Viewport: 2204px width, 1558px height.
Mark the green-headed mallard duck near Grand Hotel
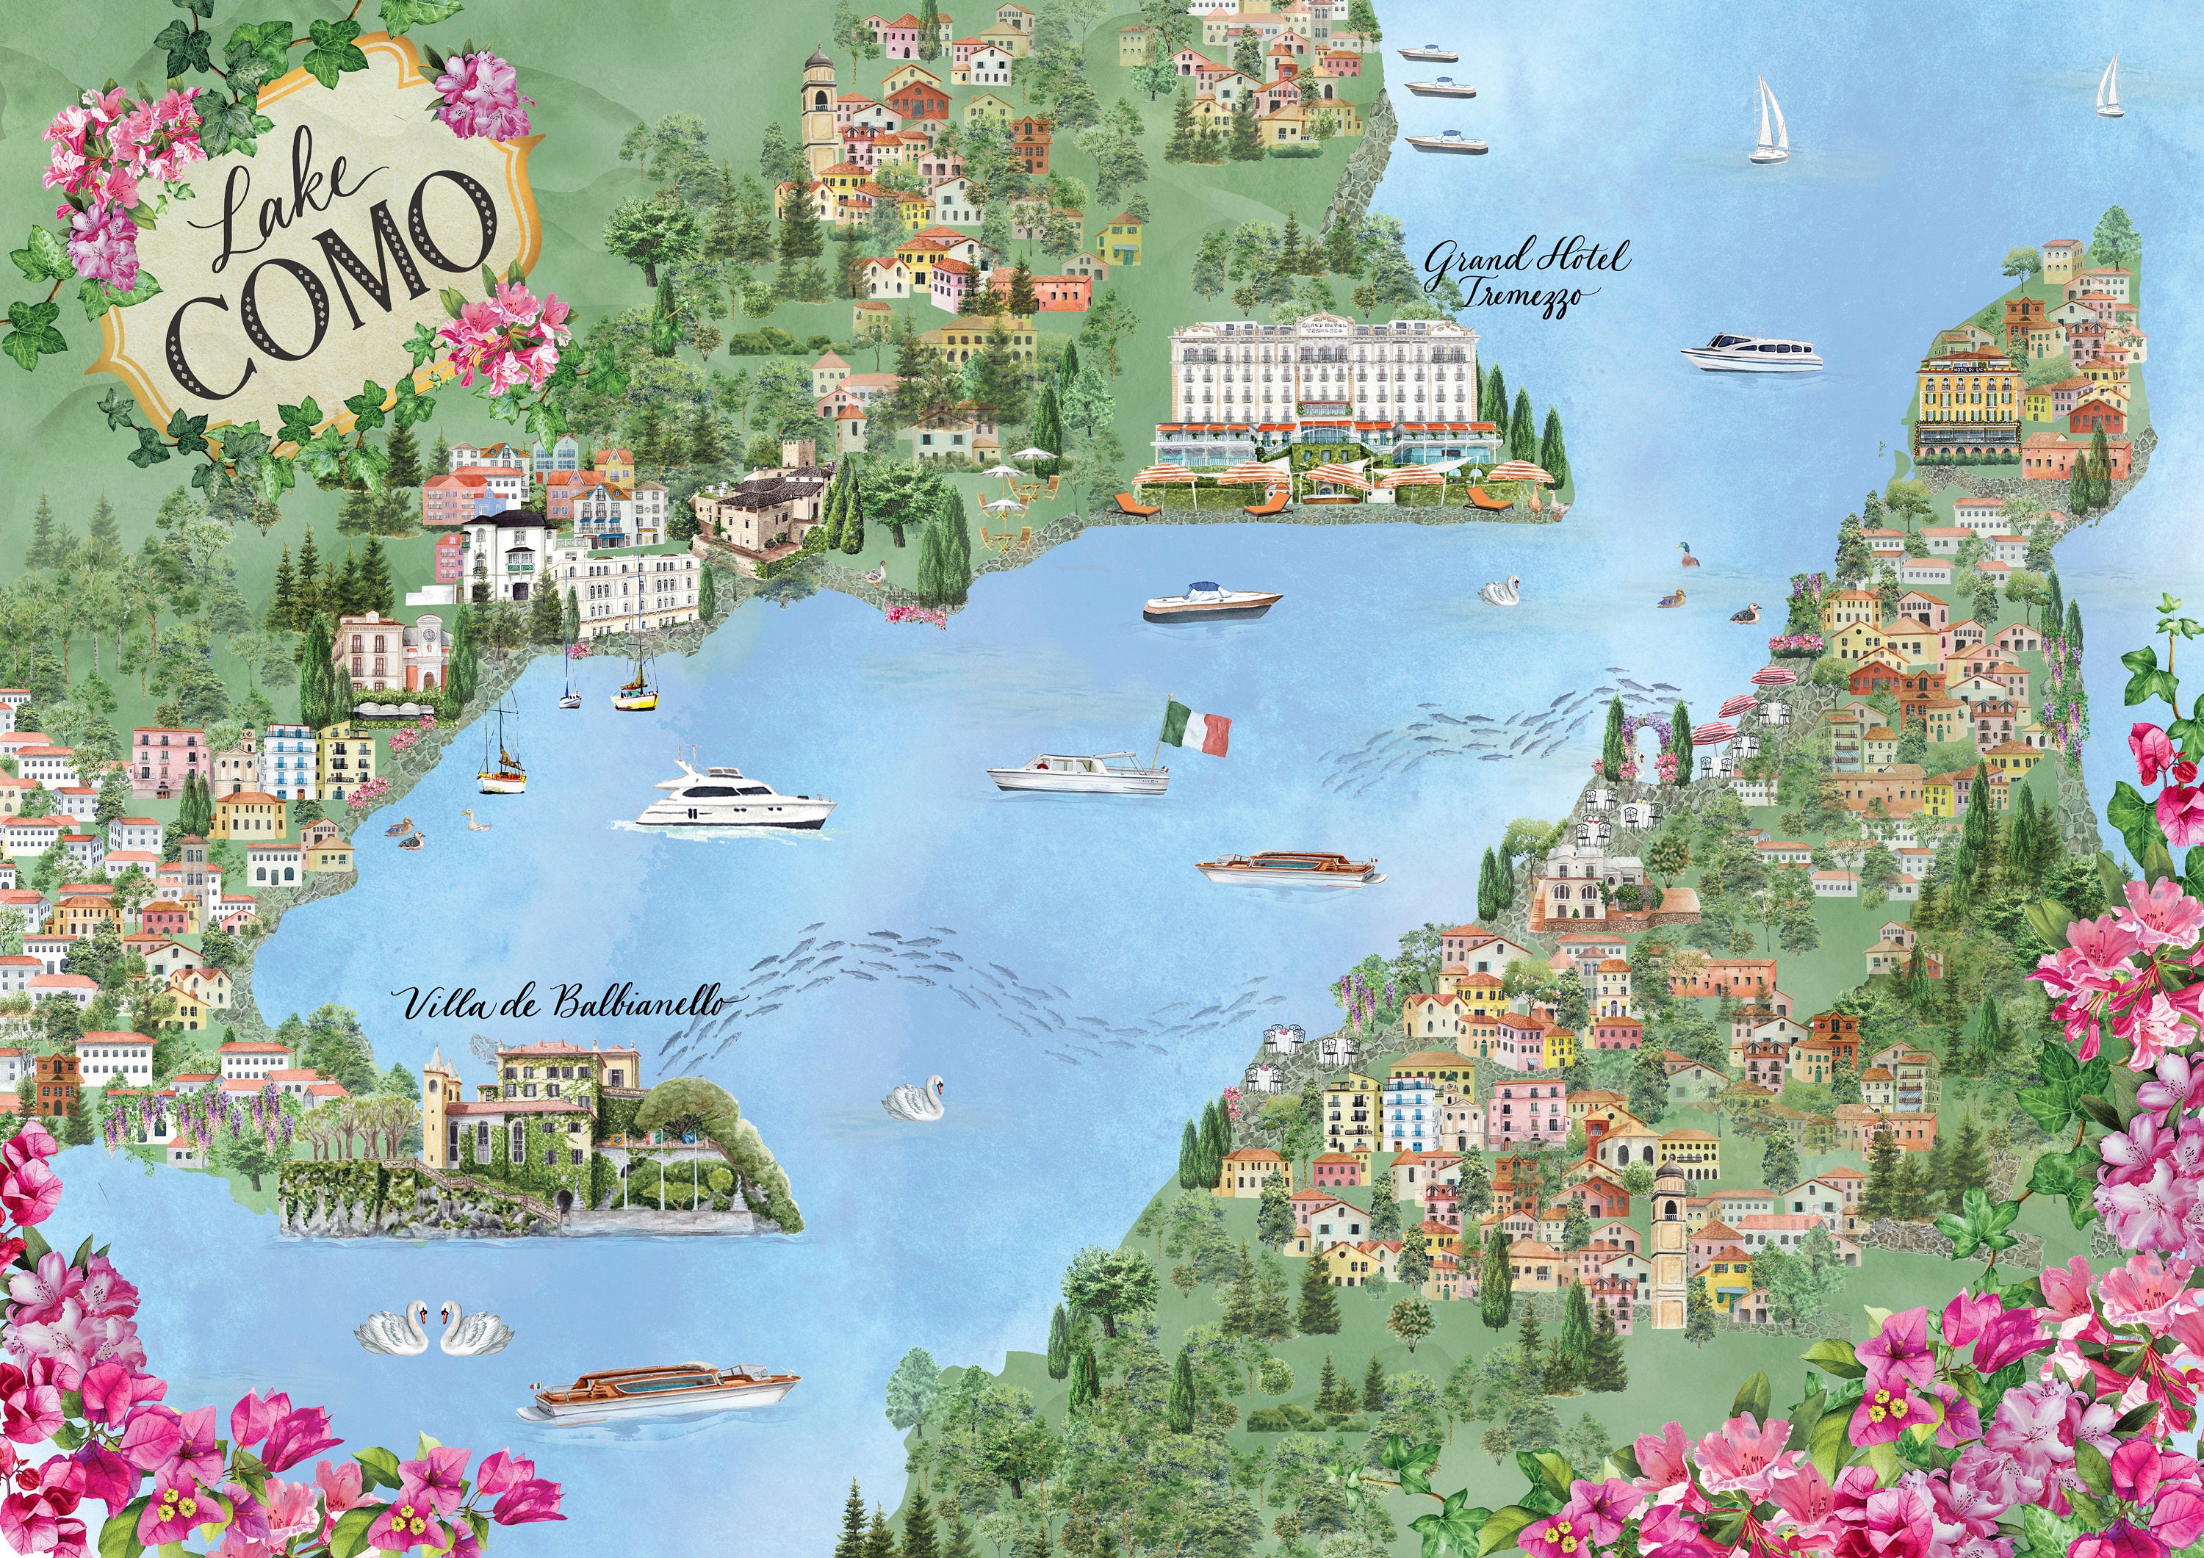click(1688, 554)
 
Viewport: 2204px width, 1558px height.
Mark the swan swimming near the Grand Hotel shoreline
click(1500, 591)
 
